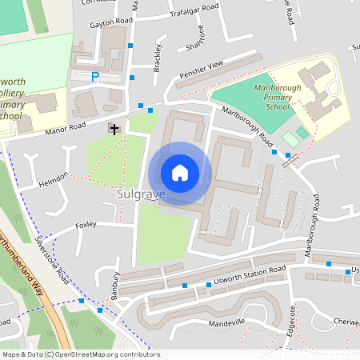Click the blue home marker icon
coord(180,173)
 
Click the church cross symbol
coord(114,128)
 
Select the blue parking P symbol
coord(95,77)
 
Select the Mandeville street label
coord(226,322)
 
